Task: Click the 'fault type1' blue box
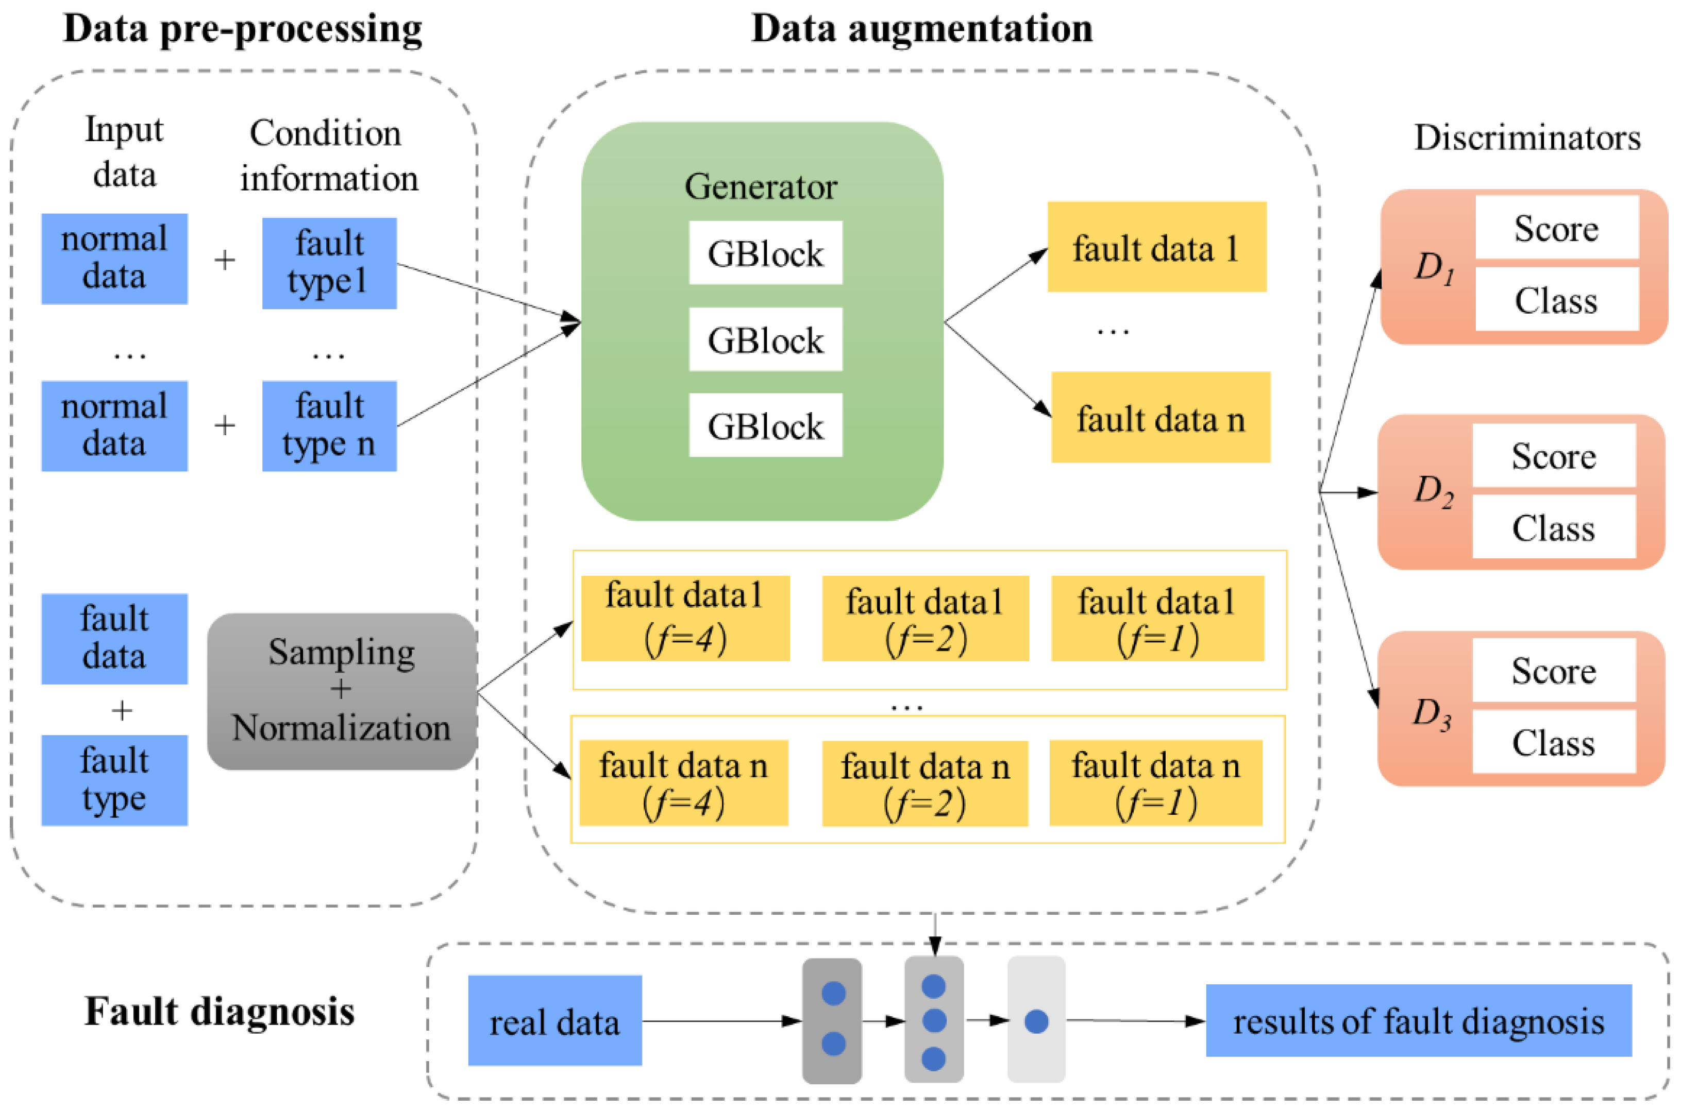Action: (329, 263)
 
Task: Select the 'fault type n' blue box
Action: (329, 426)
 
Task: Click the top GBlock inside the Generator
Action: (765, 252)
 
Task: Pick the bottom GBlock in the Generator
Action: (765, 424)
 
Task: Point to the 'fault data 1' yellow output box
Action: (1156, 247)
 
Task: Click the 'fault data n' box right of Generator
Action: (1160, 417)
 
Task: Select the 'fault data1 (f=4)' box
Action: (685, 618)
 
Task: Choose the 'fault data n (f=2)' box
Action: (925, 783)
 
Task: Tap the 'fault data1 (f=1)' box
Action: (1157, 618)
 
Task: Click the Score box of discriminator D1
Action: (1556, 228)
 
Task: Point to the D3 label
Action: (1432, 713)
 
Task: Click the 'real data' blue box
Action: (555, 1020)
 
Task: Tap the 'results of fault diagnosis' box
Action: (1419, 1020)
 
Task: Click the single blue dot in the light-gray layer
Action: (1036, 1021)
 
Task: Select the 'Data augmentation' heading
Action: (922, 28)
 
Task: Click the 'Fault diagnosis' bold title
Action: (220, 1011)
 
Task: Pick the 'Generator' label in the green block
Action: (761, 186)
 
